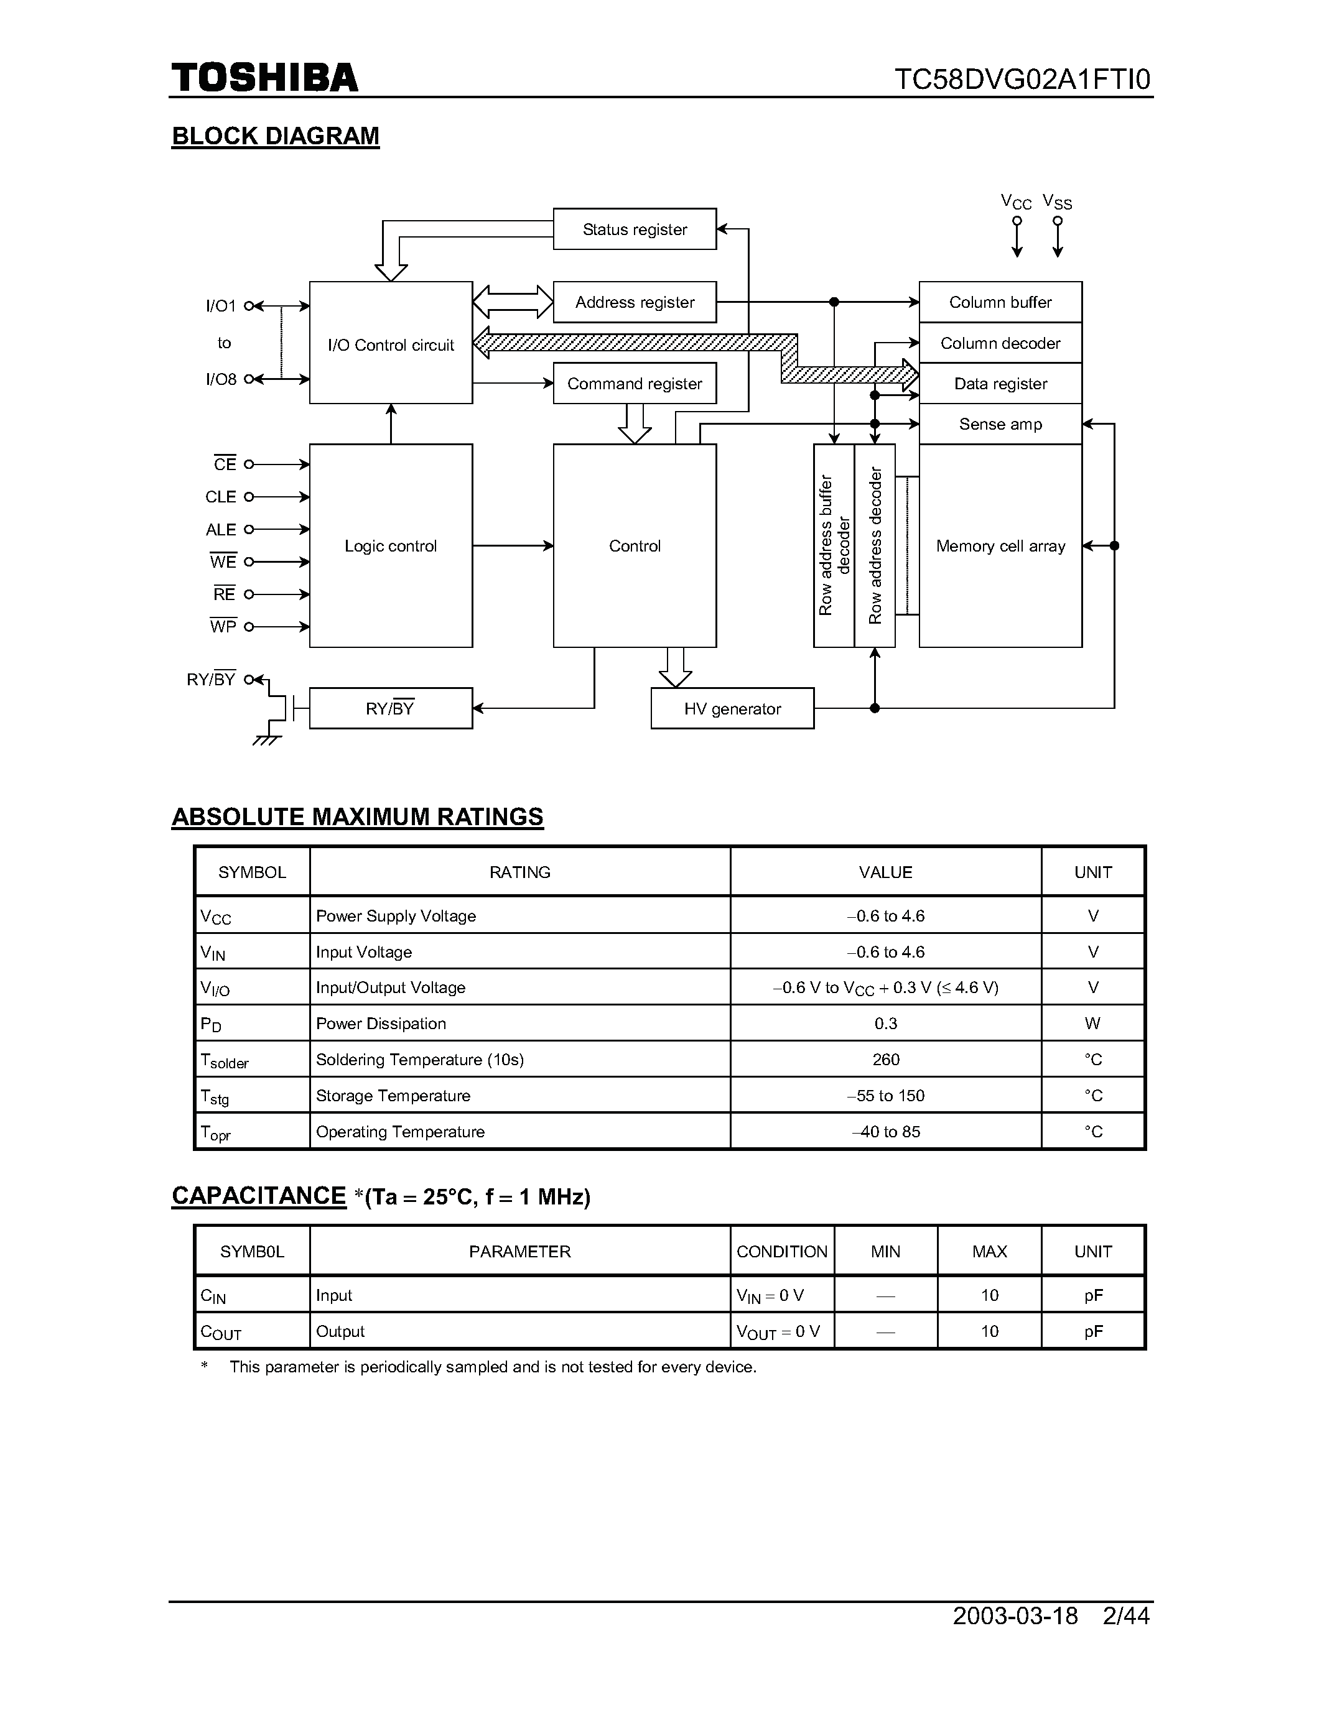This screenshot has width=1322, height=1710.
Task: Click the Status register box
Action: click(x=635, y=229)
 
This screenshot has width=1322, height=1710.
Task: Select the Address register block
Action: click(x=635, y=302)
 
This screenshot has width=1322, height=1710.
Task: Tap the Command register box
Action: click(x=635, y=384)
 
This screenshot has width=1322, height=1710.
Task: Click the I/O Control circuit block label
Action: click(x=391, y=345)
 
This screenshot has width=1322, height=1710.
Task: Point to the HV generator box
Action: click(x=732, y=709)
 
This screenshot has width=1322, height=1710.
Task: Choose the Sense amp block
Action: click(x=1000, y=424)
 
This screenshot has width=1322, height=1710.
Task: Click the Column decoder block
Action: click(x=1000, y=343)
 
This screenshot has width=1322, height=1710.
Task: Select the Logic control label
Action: click(x=391, y=546)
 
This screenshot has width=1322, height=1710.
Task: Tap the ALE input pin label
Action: click(x=221, y=530)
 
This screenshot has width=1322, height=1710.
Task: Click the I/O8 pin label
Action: click(x=221, y=380)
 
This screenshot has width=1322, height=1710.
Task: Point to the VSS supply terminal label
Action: click(x=1057, y=202)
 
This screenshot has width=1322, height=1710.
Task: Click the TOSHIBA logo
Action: click(x=265, y=78)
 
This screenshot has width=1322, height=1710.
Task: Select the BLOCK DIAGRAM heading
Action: click(x=276, y=136)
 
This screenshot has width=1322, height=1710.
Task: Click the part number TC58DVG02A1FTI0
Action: click(x=1022, y=80)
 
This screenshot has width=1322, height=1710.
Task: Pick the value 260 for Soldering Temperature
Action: click(x=886, y=1060)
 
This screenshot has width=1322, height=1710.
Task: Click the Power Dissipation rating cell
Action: click(x=381, y=1024)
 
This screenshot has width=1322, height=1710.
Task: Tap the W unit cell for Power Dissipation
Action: click(x=1092, y=1024)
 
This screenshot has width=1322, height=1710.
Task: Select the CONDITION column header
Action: click(x=781, y=1251)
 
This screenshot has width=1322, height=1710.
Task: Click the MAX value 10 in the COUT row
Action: click(x=989, y=1331)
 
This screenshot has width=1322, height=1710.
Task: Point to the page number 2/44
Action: click(x=1125, y=1616)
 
